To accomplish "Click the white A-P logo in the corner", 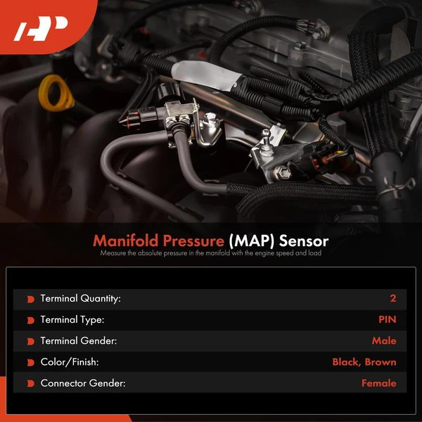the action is click(x=41, y=28).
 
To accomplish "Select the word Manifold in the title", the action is click(x=125, y=241).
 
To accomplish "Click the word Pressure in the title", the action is click(x=193, y=241).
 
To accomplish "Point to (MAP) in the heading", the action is click(x=251, y=241).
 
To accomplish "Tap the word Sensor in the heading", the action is click(x=304, y=241).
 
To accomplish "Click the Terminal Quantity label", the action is click(x=80, y=298).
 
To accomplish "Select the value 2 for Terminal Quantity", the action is click(x=393, y=298).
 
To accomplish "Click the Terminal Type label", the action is click(x=72, y=320).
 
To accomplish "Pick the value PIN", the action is click(x=388, y=319).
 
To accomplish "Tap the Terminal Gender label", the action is click(x=79, y=340).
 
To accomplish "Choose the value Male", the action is click(x=384, y=340).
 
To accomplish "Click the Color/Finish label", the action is click(x=70, y=362).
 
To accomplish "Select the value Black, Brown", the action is click(x=364, y=362).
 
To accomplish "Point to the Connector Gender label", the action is click(x=83, y=383).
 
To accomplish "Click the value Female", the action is click(x=379, y=383).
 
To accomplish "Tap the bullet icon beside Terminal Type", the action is click(x=31, y=320).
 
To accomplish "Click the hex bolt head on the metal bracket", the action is click(x=282, y=172).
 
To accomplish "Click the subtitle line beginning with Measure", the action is click(x=211, y=253).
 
